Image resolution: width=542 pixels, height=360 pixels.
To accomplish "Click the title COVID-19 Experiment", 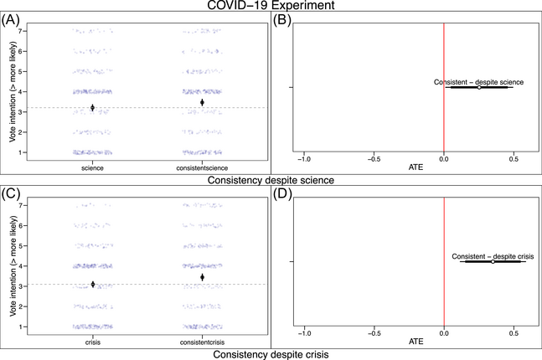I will tap(271, 7).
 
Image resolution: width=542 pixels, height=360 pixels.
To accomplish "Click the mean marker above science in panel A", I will tap(92, 107).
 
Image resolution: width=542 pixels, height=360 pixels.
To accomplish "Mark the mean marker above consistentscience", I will tap(202, 102).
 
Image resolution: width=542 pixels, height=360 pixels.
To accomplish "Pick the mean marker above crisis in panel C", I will tap(92, 285).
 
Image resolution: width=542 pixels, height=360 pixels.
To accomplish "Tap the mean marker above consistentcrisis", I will tap(202, 277).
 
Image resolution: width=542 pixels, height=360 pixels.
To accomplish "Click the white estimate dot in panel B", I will tap(479, 87).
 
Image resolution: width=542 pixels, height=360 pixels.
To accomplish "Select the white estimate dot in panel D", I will tap(493, 262).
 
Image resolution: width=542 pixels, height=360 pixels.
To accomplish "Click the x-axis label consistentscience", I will tap(202, 167).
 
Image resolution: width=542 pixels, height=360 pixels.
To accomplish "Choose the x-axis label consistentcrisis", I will tap(202, 342).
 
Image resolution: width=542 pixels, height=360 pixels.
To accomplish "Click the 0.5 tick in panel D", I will tap(514, 333).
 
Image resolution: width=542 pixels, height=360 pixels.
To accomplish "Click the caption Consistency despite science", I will tap(271, 180).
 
